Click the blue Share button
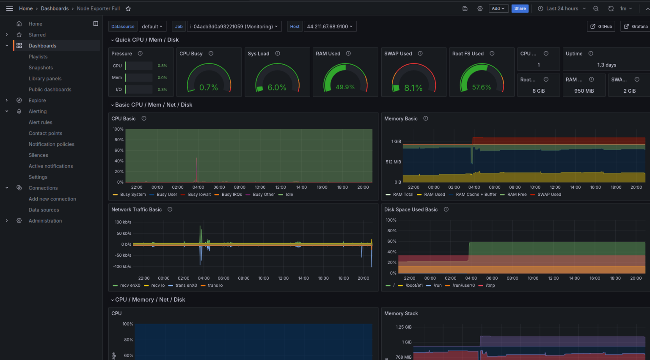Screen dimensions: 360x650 click(520, 8)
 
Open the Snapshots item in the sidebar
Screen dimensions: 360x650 click(41, 68)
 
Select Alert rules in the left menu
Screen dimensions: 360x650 click(41, 122)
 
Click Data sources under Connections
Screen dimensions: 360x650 click(44, 210)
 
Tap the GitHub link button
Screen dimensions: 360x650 click(601, 26)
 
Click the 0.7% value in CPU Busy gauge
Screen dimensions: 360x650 click(209, 88)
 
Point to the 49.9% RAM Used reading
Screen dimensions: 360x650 click(345, 87)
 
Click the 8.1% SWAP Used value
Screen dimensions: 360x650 click(413, 88)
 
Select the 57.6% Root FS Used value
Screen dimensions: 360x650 click(482, 87)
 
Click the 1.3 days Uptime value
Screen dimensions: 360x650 click(606, 65)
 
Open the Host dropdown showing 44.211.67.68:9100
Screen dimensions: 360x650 click(330, 26)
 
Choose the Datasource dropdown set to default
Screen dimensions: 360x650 click(152, 26)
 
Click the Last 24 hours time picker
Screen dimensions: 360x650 click(562, 8)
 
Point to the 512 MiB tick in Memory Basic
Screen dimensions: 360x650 click(393, 162)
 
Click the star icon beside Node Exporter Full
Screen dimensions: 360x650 click(128, 8)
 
